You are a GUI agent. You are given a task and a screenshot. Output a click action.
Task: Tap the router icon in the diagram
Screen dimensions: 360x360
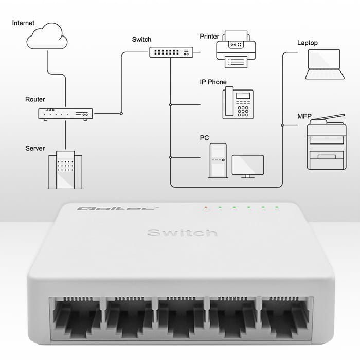(x=65, y=114)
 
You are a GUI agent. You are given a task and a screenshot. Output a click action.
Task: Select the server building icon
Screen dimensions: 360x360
(x=65, y=170)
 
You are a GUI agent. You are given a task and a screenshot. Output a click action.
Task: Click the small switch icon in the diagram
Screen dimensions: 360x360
(x=171, y=52)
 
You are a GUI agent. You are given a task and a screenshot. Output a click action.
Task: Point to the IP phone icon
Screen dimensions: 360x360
(x=238, y=103)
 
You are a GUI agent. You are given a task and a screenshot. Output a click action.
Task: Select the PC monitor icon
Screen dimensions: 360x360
(x=248, y=166)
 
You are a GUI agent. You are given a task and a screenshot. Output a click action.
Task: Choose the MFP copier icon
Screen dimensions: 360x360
(x=326, y=142)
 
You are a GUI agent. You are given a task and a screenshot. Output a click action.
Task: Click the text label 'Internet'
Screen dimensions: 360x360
(x=24, y=23)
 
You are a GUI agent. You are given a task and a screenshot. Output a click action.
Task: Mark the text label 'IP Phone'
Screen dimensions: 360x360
(x=213, y=82)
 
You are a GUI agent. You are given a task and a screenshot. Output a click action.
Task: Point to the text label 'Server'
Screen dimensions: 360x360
(x=35, y=148)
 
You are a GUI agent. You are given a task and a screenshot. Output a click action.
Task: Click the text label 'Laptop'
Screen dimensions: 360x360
(x=308, y=43)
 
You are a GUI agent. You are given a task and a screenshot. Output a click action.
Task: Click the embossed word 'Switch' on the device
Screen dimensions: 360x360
(x=182, y=233)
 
